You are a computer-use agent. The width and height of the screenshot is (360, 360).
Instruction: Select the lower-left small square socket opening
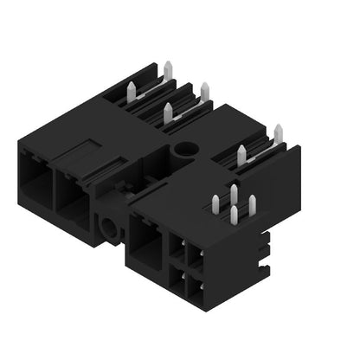click(x=177, y=278)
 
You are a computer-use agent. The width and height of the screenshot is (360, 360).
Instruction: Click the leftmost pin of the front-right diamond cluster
click(x=215, y=204)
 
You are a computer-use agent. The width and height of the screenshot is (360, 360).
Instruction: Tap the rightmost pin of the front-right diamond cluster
click(x=252, y=205)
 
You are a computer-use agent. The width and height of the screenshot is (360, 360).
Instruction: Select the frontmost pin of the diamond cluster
click(x=234, y=215)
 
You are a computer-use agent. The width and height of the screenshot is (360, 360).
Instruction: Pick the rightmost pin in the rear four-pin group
click(x=204, y=92)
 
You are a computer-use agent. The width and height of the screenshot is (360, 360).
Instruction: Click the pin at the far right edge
click(x=278, y=133)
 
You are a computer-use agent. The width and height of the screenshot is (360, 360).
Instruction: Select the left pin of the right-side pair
click(x=241, y=154)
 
